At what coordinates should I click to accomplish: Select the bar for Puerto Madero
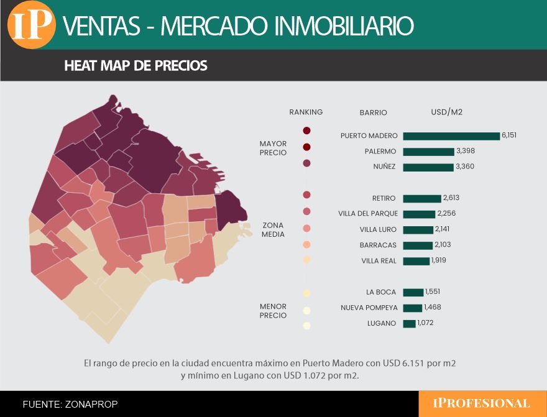pos(451,136)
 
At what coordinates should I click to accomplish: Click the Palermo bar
pos(428,152)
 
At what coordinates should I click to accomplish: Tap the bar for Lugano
pos(409,324)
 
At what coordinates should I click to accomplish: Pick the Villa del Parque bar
pos(419,214)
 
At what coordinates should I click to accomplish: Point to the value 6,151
pos(509,135)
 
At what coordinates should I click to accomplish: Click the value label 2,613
pos(451,198)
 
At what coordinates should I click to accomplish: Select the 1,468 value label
pos(433,308)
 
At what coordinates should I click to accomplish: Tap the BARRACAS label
pos(378,245)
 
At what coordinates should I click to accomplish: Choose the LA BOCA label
pos(381,292)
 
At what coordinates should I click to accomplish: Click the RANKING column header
pos(306,112)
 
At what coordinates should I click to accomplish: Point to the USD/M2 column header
pos(446,112)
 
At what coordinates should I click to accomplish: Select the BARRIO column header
pos(373,112)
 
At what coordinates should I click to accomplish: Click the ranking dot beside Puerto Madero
pos(306,131)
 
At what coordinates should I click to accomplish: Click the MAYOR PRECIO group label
pos(273,148)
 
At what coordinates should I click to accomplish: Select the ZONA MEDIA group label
pos(273,230)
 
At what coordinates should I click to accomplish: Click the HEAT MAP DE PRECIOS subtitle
pos(136,66)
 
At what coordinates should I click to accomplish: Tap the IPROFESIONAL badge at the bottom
pos(481,403)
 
